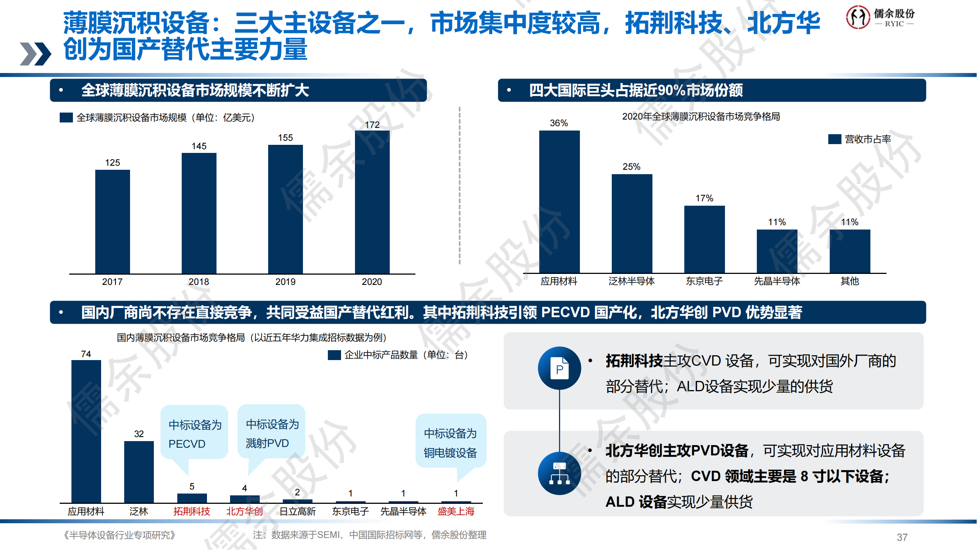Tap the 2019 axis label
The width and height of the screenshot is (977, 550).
tap(285, 282)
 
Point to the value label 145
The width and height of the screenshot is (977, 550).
tap(199, 146)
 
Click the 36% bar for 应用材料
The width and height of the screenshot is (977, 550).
tap(559, 202)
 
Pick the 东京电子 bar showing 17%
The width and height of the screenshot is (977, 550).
tap(704, 239)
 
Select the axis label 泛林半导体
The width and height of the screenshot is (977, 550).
tap(632, 281)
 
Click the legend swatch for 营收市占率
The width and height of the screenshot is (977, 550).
tap(834, 139)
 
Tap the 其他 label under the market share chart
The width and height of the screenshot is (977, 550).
tap(850, 281)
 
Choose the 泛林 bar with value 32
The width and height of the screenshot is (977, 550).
tap(139, 472)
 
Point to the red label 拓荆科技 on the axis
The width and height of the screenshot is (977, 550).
tap(192, 511)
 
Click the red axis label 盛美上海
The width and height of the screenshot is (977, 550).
tap(456, 511)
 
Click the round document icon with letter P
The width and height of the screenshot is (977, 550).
tap(559, 368)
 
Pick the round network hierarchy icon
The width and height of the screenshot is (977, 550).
tap(559, 473)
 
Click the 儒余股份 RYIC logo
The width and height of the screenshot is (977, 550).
tap(880, 17)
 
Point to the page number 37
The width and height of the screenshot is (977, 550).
tap(902, 537)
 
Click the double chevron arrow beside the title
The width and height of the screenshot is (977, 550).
tap(35, 54)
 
